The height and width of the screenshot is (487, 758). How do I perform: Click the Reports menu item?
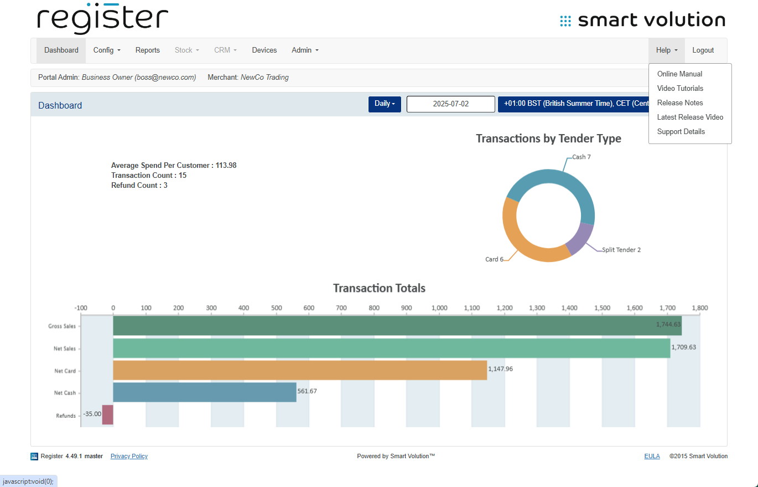tap(147, 50)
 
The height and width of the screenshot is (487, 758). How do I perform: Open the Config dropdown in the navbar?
tap(107, 50)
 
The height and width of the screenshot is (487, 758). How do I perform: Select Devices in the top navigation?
tap(264, 50)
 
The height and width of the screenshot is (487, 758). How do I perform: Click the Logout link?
tap(703, 50)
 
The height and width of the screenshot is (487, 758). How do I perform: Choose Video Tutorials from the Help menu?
tap(680, 89)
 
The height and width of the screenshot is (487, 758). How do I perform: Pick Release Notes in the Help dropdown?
tap(680, 103)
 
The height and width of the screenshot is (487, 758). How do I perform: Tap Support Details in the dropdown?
tap(681, 132)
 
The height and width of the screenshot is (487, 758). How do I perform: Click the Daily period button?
tap(385, 104)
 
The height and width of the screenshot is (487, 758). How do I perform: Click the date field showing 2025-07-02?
tap(450, 104)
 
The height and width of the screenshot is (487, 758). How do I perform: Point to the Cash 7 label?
tap(581, 157)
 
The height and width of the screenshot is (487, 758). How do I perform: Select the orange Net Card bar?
tap(299, 370)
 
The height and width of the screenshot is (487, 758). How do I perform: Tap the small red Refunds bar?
tap(108, 415)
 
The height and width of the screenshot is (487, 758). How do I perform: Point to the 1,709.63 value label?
tap(683, 347)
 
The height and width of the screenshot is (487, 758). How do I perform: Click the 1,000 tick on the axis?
tap(439, 308)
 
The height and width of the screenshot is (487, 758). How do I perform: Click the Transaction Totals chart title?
tap(379, 289)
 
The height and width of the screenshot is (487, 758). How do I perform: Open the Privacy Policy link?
tap(129, 457)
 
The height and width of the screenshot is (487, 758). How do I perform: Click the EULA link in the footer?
tap(652, 457)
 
